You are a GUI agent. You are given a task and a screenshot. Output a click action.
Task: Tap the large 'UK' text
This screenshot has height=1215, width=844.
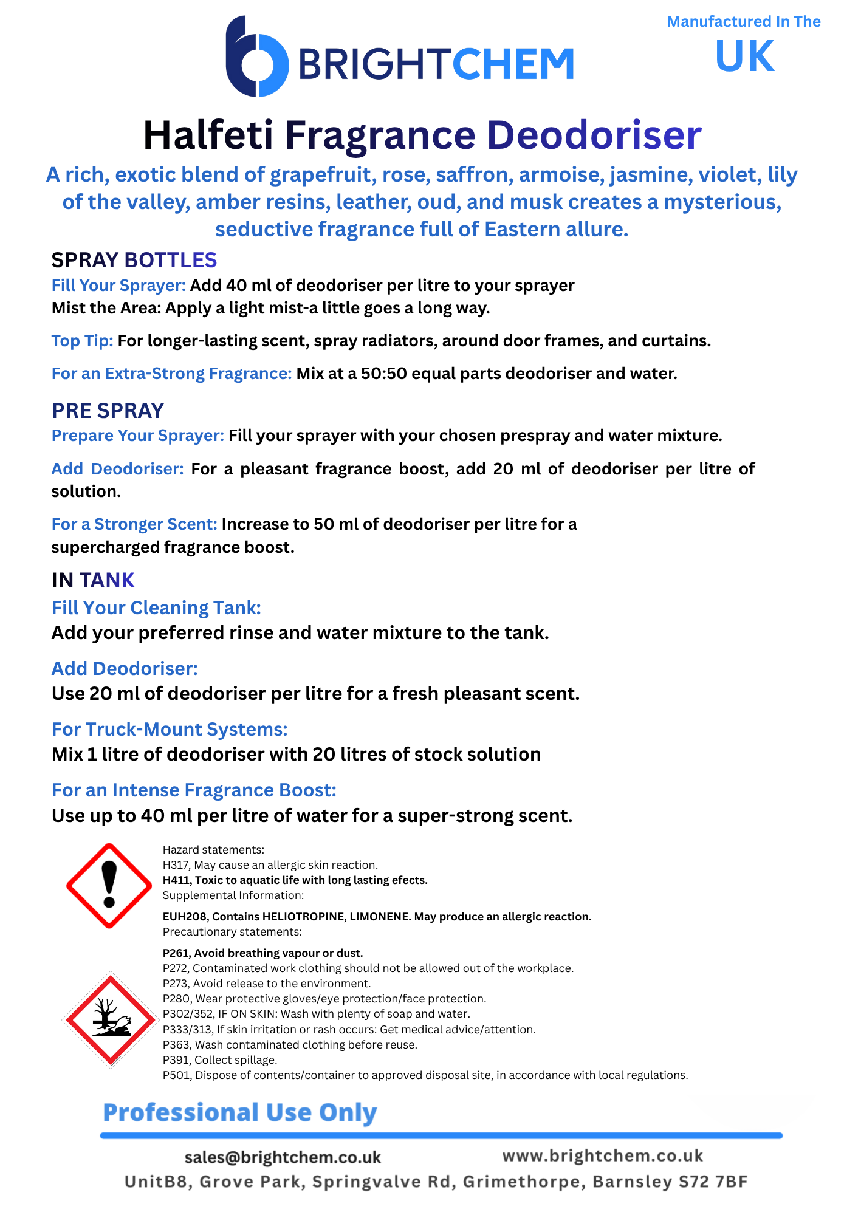(x=744, y=56)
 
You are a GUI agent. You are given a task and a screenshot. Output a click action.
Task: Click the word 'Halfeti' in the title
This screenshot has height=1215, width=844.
(x=208, y=135)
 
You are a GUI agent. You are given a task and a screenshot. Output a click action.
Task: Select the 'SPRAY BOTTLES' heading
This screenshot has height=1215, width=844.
(x=134, y=260)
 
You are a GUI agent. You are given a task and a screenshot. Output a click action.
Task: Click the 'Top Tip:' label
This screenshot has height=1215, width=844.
(x=82, y=341)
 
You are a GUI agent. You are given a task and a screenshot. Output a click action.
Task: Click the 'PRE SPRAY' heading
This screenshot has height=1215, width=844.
(x=108, y=411)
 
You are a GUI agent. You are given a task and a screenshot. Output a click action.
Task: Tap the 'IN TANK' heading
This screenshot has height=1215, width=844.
(x=93, y=580)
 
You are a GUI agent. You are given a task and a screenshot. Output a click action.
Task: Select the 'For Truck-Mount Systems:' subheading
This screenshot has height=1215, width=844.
(x=170, y=729)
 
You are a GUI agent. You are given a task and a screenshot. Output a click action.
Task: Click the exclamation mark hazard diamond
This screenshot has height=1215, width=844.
(x=109, y=885)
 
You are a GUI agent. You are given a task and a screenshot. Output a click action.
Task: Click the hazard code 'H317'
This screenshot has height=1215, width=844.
(x=176, y=865)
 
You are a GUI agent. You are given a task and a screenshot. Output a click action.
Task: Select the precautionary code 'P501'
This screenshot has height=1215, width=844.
(x=176, y=1075)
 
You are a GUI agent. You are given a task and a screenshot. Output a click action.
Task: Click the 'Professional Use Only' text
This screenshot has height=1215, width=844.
(x=240, y=1112)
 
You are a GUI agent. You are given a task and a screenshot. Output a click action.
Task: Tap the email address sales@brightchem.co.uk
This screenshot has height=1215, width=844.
(x=283, y=1157)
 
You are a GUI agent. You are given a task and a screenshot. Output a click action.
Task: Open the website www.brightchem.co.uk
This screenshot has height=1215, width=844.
(x=602, y=1155)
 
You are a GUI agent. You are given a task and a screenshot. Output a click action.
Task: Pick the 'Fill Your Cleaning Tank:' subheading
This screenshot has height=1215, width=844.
(x=156, y=607)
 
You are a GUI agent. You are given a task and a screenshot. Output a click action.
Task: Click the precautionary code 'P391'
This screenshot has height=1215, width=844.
(x=176, y=1060)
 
